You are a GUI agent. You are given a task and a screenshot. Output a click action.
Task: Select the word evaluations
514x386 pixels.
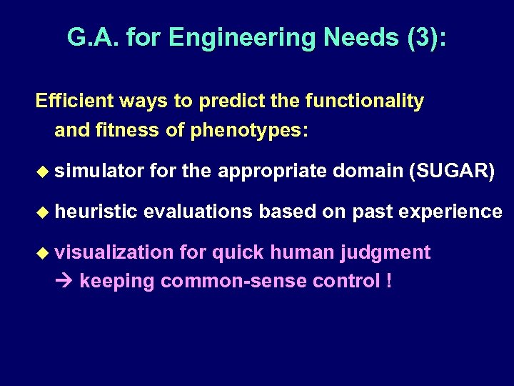198,212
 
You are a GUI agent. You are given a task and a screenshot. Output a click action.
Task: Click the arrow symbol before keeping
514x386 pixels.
65,282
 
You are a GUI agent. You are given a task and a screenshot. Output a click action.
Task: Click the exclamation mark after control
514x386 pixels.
388,281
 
